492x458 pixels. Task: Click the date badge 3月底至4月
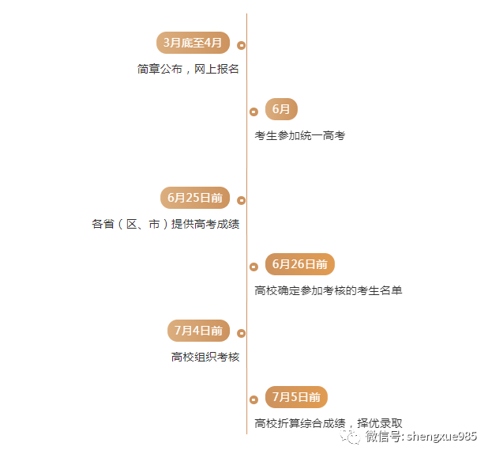coord(193,43)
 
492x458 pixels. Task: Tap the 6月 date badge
coord(281,109)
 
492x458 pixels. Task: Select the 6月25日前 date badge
coord(194,198)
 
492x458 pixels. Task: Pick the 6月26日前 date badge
coord(299,264)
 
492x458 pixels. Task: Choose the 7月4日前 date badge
coord(198,331)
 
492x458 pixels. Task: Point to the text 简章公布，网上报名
coord(188,69)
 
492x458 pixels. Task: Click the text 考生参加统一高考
coord(299,135)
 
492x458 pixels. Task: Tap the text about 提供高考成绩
coord(165,224)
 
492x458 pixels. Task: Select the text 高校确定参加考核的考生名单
coord(328,290)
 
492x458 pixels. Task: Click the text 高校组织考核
coord(205,357)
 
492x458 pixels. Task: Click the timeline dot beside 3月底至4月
coord(241,45)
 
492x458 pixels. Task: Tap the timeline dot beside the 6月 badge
coord(254,112)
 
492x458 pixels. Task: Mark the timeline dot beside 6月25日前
coord(241,200)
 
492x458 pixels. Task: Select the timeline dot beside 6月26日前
coord(254,267)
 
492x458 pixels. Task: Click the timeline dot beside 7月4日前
coord(241,333)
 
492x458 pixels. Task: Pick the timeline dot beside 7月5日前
coord(254,399)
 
